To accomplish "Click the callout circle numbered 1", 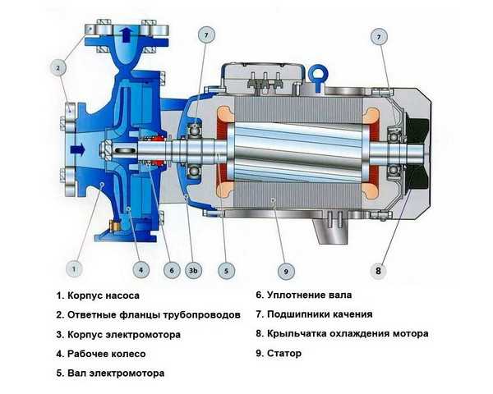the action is (74, 269).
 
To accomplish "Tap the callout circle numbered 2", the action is (58, 67).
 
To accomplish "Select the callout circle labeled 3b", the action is (193, 270).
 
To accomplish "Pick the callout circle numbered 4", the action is (141, 270).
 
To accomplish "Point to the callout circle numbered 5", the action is (227, 271).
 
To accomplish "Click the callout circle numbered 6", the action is (172, 270).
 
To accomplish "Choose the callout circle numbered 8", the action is (378, 271).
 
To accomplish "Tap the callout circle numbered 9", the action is (286, 271).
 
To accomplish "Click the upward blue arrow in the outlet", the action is (127, 34).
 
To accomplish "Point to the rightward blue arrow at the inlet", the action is (78, 149).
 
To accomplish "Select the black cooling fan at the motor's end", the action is (417, 154).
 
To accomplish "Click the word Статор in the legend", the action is (284, 354).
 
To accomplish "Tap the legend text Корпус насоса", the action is (104, 295).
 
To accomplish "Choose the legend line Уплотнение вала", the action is (310, 295).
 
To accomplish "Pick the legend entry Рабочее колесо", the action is (107, 354).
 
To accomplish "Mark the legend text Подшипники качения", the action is (320, 314).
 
